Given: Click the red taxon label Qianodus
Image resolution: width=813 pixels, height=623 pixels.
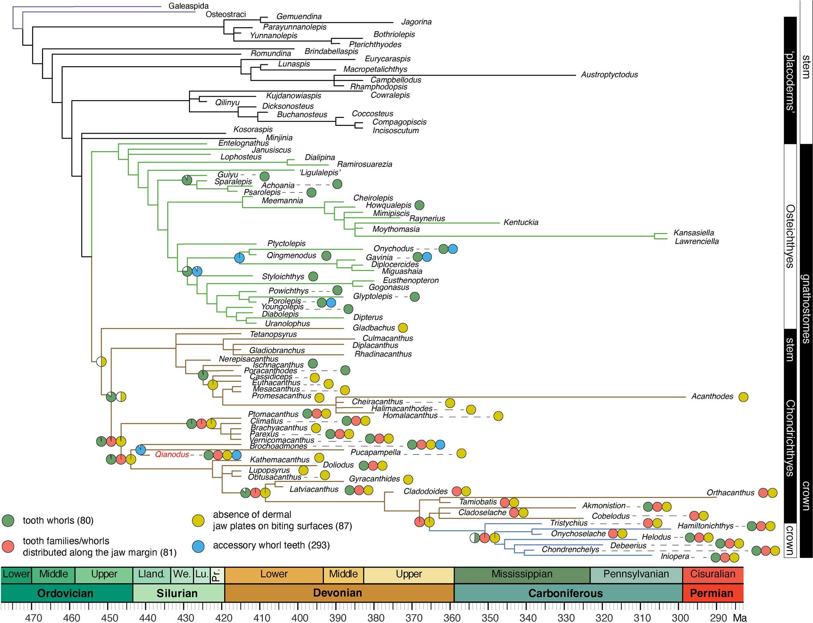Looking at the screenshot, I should click(172, 455).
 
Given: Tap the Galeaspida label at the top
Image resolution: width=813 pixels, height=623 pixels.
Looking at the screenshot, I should click(189, 6).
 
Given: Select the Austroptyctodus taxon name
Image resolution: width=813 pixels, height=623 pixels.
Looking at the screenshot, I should click(609, 75).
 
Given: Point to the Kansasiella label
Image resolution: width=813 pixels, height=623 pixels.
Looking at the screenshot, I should click(694, 233).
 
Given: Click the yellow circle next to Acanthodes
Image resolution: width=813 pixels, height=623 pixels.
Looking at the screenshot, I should click(743, 397).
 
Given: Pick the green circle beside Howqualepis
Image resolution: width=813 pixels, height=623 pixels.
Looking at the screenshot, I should click(419, 205).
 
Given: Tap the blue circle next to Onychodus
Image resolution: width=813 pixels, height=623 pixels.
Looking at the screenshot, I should click(453, 249).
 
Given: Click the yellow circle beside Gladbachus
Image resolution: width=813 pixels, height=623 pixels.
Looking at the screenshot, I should click(402, 328).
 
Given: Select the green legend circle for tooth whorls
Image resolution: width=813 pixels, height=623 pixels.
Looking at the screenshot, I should click(8, 520).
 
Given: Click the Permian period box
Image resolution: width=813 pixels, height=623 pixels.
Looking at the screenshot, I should click(712, 593).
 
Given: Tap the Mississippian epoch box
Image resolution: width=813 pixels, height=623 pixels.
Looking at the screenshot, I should click(522, 574).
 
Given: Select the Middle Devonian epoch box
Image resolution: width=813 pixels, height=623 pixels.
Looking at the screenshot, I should click(343, 574).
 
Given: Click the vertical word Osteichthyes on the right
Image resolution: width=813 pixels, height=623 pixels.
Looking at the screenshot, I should click(790, 236).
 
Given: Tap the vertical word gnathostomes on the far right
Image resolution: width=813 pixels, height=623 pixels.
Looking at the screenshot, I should click(806, 309).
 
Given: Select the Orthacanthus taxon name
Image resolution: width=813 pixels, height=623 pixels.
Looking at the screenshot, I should click(730, 493).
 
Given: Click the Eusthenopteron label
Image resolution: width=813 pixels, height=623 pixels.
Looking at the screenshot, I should click(411, 280).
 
